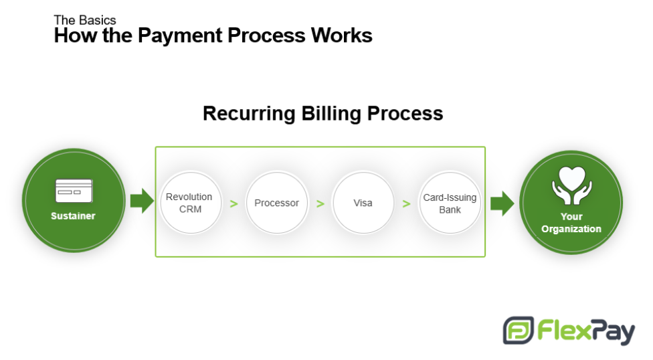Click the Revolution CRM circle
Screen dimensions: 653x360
click(191, 203)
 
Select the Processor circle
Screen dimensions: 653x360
click(277, 203)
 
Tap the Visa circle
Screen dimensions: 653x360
click(363, 203)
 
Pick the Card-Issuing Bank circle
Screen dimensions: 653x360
click(450, 203)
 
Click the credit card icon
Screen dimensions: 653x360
click(74, 191)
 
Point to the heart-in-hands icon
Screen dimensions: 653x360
click(572, 186)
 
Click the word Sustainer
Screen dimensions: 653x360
click(74, 216)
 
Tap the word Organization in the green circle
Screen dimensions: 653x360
click(571, 229)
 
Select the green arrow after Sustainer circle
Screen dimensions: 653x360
click(142, 201)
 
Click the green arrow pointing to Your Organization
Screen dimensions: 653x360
click(502, 203)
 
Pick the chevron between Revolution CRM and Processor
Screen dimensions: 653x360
click(234, 203)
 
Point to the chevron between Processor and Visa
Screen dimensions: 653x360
click(320, 203)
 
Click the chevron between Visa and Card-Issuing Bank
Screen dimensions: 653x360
click(407, 203)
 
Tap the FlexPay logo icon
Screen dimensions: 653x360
click(519, 331)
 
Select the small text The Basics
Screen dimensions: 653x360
click(85, 20)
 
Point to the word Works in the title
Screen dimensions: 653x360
click(342, 35)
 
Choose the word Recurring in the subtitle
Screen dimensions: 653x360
click(249, 113)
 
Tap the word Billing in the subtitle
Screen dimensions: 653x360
click(331, 113)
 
